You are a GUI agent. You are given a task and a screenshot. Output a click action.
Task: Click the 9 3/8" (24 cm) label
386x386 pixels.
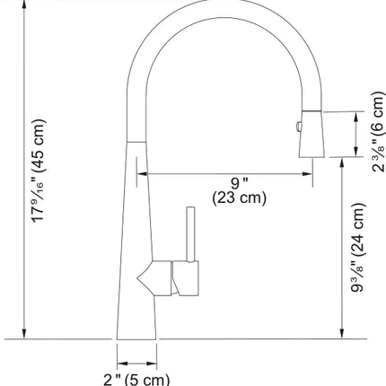[359, 248]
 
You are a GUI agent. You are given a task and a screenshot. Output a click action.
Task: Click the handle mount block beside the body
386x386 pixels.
[185, 278]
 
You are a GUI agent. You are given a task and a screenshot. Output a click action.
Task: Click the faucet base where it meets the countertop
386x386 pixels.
[136, 338]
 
